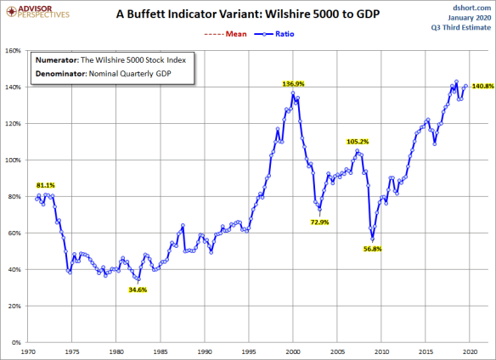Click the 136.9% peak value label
click(293, 84)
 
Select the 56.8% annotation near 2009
click(374, 249)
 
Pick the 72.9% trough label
click(319, 222)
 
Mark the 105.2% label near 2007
click(358, 142)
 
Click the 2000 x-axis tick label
click(293, 350)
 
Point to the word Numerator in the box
click(57, 60)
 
